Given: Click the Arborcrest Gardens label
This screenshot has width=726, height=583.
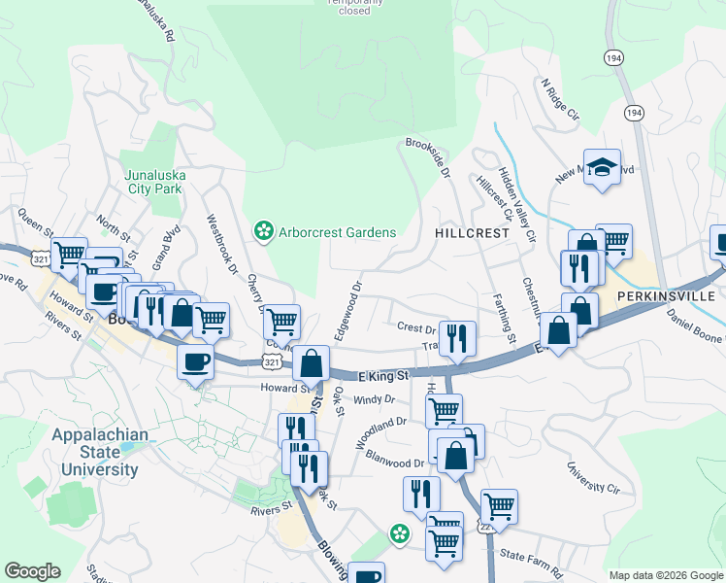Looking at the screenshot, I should tap(337, 232).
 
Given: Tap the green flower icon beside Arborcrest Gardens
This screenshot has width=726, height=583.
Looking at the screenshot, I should tap(262, 231).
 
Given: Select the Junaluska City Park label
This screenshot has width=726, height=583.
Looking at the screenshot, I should tap(154, 182).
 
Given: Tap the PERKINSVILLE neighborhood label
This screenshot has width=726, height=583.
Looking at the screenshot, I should tap(664, 293).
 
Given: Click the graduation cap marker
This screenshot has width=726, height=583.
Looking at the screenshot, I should tap(602, 167).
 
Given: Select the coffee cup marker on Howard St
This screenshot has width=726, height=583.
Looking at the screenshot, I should tap(195, 361).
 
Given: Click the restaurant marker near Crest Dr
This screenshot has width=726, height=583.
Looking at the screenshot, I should tap(457, 337).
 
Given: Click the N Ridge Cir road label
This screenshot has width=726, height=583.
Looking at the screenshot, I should tap(560, 101).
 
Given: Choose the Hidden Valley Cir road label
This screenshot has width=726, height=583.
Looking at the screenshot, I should tap(516, 205).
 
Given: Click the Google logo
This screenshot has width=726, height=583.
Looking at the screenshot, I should tap(32, 571).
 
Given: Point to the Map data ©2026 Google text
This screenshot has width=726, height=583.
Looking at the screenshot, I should tap(665, 575).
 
